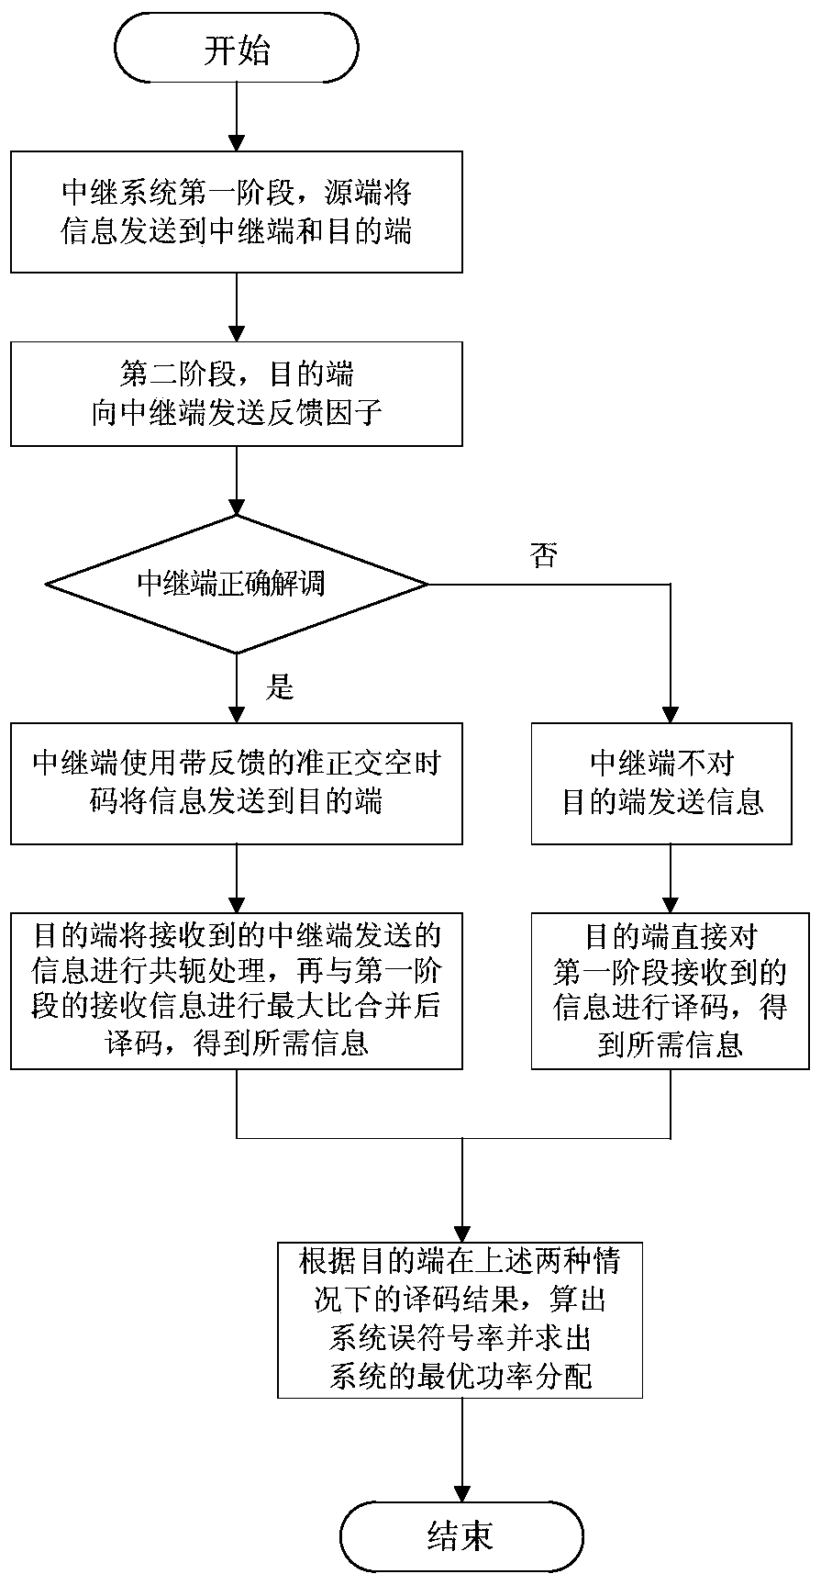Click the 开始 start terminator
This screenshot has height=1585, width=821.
(x=237, y=50)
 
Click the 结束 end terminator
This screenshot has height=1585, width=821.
(x=460, y=1534)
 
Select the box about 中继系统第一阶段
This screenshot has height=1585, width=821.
(x=237, y=212)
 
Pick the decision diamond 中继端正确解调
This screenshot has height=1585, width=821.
(x=237, y=584)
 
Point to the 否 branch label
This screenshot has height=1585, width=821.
(x=543, y=555)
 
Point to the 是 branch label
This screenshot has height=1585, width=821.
(x=278, y=686)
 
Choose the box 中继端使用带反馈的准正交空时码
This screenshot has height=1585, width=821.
(x=237, y=783)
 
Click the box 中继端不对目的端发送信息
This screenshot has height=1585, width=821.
(x=661, y=783)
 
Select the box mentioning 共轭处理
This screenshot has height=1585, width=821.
(x=237, y=990)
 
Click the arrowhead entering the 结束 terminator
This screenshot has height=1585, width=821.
(x=460, y=1491)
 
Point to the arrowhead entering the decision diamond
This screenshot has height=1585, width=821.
(x=237, y=505)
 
